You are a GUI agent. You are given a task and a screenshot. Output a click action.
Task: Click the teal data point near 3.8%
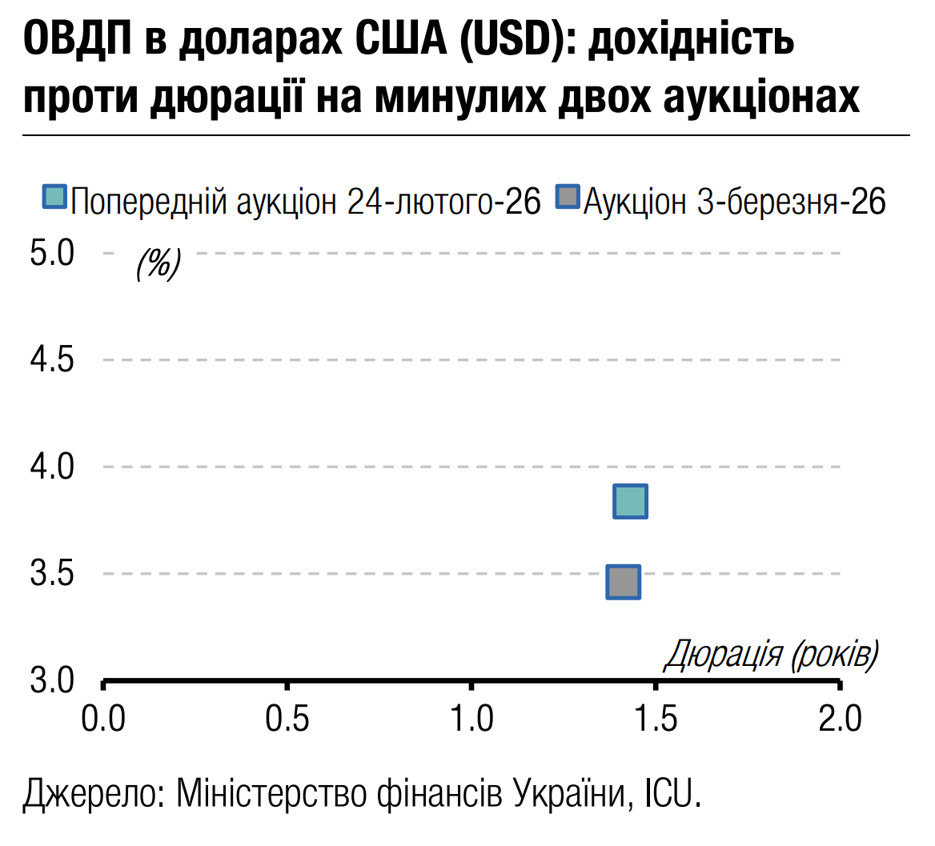point(630,501)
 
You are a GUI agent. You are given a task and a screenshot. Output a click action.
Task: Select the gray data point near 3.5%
point(624,582)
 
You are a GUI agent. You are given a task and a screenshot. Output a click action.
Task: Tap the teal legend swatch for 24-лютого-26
point(54,197)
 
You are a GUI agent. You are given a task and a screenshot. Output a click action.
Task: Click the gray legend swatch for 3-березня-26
point(567,197)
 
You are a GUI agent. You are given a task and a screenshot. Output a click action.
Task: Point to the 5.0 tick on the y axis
point(52,254)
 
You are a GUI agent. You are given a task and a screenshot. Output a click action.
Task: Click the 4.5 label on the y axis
point(52,360)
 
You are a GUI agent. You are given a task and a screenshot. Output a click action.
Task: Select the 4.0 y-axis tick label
point(52,467)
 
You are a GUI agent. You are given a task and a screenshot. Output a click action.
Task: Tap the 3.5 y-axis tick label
point(52,574)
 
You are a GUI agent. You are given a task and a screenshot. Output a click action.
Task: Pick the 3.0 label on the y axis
point(52,680)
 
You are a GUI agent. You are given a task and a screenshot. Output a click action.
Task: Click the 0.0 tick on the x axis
point(103,719)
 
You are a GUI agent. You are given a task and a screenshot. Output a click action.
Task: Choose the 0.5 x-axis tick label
point(287,719)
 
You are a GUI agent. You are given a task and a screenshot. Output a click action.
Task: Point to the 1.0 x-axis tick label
point(472,719)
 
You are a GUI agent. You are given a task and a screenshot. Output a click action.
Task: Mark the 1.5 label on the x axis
point(656,719)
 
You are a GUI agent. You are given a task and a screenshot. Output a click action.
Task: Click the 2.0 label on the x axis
point(840,719)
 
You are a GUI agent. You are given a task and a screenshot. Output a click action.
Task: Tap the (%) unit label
point(159,262)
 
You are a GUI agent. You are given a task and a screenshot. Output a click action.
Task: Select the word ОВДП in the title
point(78,40)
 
